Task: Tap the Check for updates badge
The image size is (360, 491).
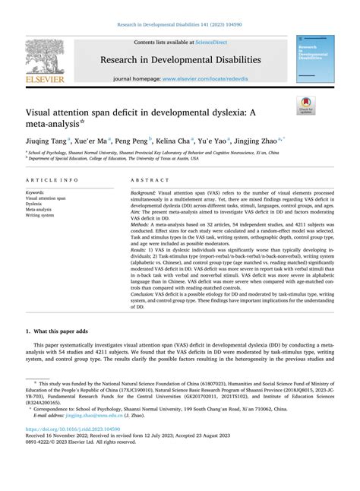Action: pyautogui.click(x=306, y=105)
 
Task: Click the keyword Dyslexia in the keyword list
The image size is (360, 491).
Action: pyautogui.click(x=33, y=204)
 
